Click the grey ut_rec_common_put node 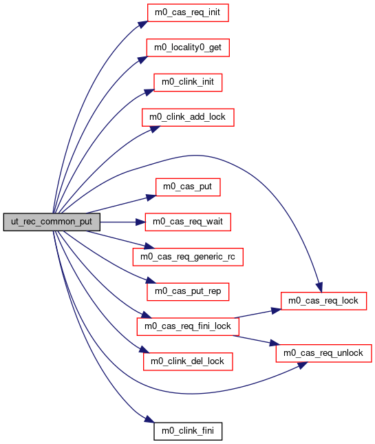tap(52, 222)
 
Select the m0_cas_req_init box tap(188, 13)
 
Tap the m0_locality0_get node tap(188, 47)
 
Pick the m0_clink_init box tap(188, 83)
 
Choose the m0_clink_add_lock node tap(188, 117)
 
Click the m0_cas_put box tap(188, 187)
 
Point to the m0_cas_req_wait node tap(188, 222)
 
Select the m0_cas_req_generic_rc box tap(188, 257)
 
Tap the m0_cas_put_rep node tap(188, 292)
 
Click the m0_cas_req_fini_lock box tap(188, 326)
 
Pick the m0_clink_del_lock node tap(188, 361)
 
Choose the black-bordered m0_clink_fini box tap(188, 431)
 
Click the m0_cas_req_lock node tap(323, 301)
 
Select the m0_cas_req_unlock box tap(323, 353)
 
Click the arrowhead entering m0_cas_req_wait tap(140, 222)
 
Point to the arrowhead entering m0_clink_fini tap(149, 420)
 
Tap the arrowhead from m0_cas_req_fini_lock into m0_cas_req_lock tap(276, 310)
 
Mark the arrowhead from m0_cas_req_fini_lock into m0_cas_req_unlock tap(275, 343)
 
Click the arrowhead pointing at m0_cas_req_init tap(143, 24)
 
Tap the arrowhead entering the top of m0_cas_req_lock tap(319, 288)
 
